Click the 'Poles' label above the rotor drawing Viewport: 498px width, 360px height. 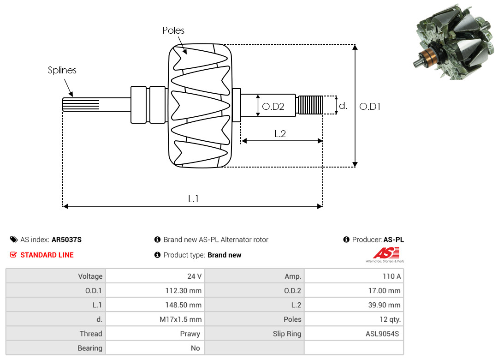coord(173,30)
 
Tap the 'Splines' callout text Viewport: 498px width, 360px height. coord(62,70)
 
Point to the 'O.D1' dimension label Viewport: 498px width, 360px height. coord(370,107)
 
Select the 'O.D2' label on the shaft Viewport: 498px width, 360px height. coord(273,107)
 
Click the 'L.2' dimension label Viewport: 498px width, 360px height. coord(280,134)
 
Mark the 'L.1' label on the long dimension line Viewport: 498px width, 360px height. coord(193,199)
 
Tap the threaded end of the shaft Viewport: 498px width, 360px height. coord(310,105)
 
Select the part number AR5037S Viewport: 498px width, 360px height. coord(67,240)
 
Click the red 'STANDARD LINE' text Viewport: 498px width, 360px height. coord(47,255)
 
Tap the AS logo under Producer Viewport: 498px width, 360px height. coord(385,254)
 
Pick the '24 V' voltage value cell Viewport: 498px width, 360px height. coord(195,276)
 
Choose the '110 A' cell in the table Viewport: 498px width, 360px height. coord(391,276)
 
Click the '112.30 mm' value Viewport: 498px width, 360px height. coord(184,291)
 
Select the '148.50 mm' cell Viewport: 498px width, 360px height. coord(184,305)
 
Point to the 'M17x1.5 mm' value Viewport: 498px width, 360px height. coord(181,319)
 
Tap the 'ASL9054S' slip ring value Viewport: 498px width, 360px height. coord(382,334)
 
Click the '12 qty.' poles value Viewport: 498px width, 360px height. coord(390,319)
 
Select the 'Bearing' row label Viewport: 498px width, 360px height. coord(90,348)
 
